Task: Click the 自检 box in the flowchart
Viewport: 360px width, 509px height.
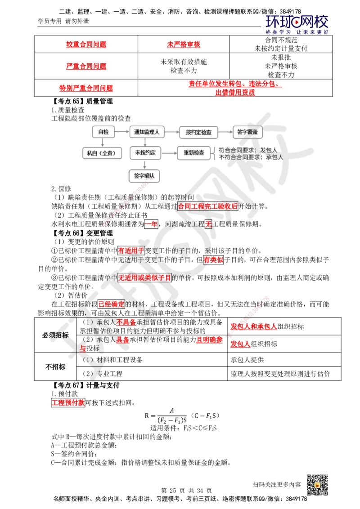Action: (103, 132)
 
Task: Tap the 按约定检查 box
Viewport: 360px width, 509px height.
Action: (198, 132)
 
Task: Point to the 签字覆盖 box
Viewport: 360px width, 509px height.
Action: (247, 132)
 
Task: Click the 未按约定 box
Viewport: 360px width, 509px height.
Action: (145, 153)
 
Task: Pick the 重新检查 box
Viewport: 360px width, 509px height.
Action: (193, 153)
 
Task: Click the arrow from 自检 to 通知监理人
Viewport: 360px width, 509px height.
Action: (121, 132)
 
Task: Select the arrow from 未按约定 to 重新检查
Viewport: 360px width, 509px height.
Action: (168, 153)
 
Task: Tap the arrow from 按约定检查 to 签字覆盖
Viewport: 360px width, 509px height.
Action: (224, 132)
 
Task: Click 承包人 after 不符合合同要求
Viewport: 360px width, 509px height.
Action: (274, 157)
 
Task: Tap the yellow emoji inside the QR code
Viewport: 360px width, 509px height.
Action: (317, 486)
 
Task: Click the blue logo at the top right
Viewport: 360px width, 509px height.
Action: (297, 24)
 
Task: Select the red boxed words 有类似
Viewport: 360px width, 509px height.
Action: (213, 260)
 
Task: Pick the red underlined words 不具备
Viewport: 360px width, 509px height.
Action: (126, 322)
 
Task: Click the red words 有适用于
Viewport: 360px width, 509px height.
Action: (131, 250)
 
